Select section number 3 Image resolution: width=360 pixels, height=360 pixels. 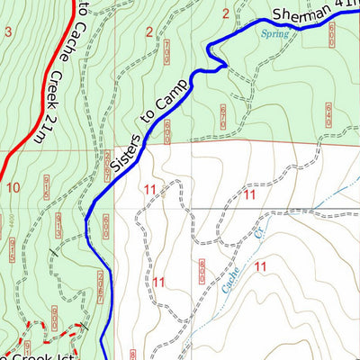coord(9,32)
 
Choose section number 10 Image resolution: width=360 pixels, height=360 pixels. coord(13,187)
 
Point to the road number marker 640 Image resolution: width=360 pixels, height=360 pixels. coord(328,113)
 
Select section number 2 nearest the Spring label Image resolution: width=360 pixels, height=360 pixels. coord(226,13)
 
